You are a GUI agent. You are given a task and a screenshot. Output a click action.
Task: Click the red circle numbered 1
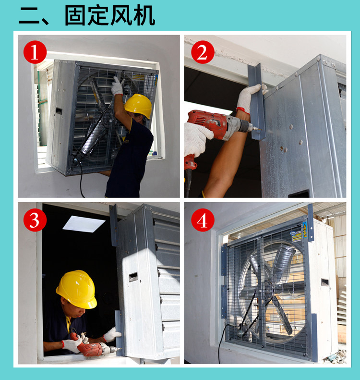click(x=34, y=52)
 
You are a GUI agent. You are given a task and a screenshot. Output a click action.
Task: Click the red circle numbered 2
click(x=202, y=52)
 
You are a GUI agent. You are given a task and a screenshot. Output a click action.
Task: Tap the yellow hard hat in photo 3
click(x=76, y=289)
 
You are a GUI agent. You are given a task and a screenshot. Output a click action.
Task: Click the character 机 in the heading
click(x=144, y=15)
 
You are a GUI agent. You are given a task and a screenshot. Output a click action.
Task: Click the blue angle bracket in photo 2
click(x=257, y=101)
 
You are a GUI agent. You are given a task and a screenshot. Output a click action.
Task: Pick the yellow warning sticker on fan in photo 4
click(x=298, y=234)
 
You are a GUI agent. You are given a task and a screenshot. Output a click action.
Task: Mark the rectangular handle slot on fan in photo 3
click(x=133, y=277)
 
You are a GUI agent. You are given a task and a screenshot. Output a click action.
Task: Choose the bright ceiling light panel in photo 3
click(x=84, y=223)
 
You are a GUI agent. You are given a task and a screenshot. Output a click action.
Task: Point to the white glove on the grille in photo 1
click(x=117, y=86)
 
